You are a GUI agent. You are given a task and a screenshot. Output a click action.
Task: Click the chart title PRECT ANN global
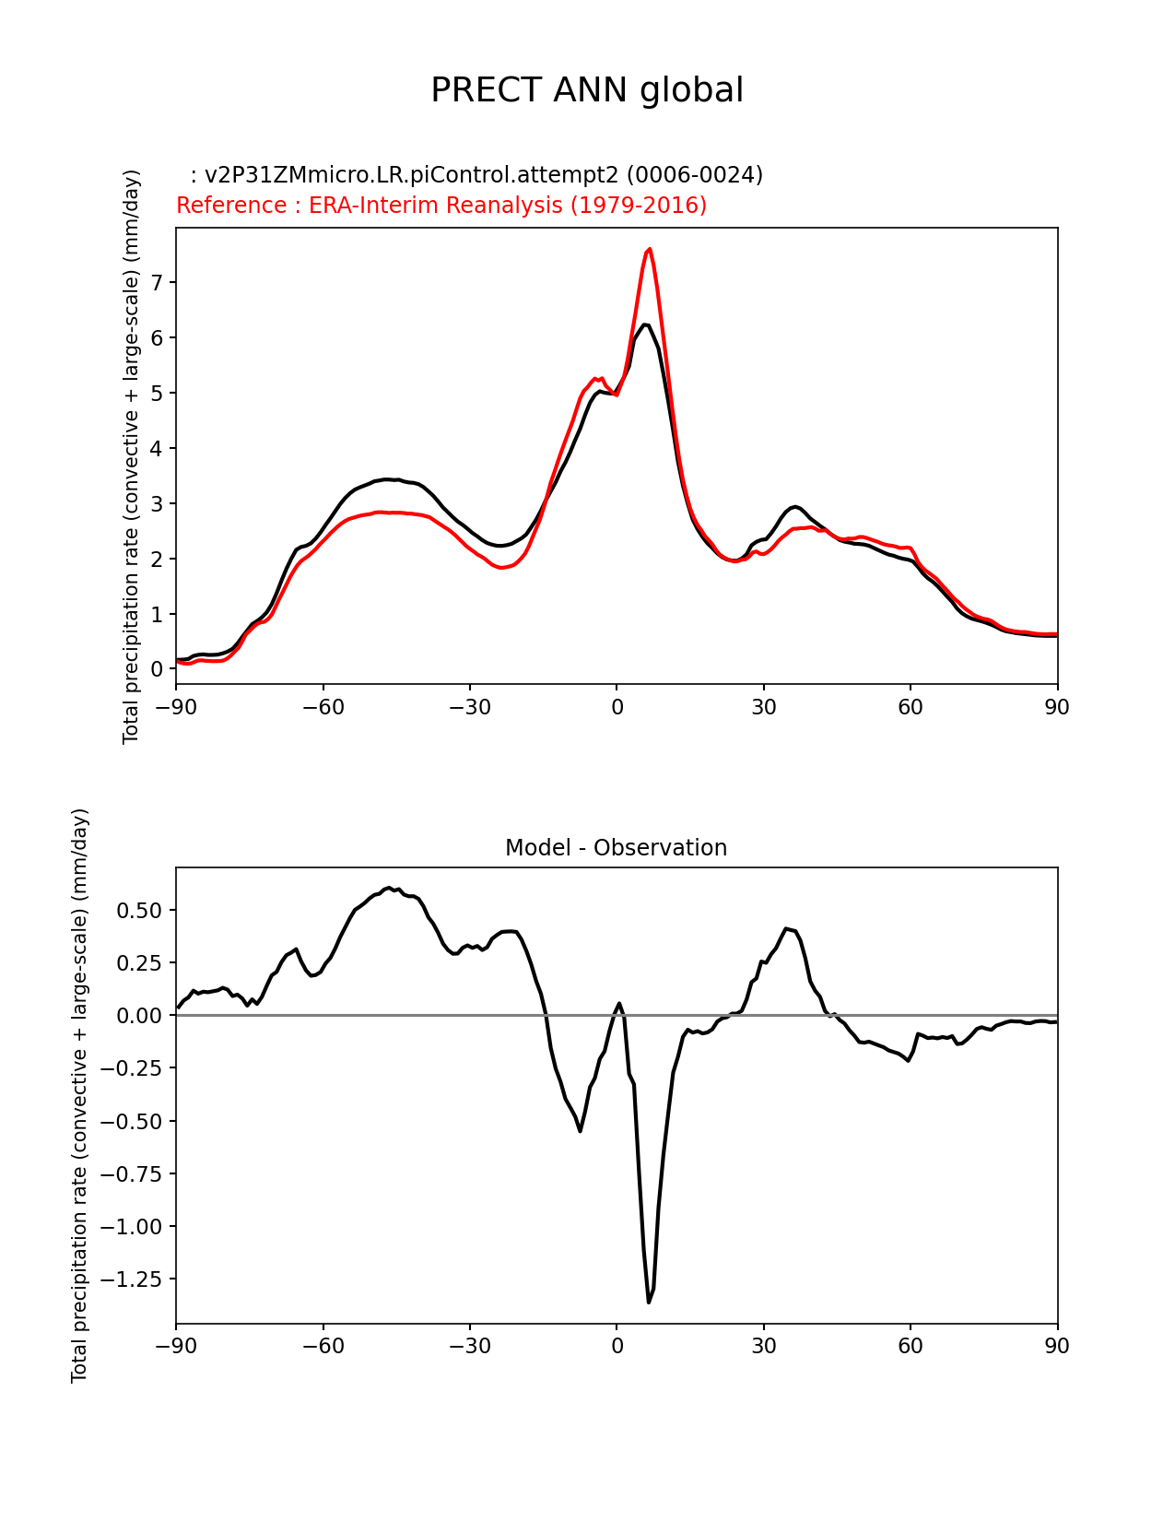(587, 90)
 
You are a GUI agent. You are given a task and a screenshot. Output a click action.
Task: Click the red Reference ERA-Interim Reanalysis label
(441, 205)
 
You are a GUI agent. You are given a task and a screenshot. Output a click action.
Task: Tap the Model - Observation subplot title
(616, 848)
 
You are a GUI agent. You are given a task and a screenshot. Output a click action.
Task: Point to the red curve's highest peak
(650, 249)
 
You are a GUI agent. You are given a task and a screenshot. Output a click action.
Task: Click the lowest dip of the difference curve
(649, 1302)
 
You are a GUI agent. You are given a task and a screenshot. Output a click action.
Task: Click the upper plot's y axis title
(132, 456)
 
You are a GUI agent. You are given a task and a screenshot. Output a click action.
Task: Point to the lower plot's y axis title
(80, 1095)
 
